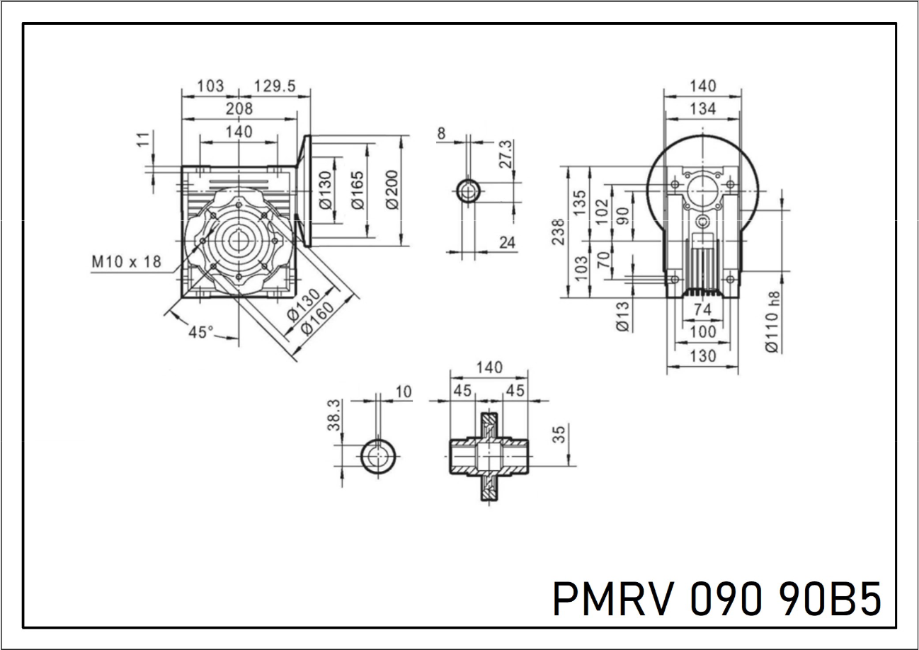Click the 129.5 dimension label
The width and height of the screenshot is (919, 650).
[274, 86]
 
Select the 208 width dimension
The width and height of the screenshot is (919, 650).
[239, 109]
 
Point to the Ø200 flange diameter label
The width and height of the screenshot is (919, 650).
[394, 189]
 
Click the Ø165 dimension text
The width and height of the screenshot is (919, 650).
[358, 189]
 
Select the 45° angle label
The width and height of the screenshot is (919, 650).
[201, 331]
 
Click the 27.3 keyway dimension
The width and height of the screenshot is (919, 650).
[506, 154]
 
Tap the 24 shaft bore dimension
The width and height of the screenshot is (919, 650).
[507, 243]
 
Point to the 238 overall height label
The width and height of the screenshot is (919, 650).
[558, 232]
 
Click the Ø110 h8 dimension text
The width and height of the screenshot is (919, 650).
[772, 321]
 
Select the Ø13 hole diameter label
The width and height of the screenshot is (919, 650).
[622, 315]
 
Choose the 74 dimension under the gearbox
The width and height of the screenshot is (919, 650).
[702, 309]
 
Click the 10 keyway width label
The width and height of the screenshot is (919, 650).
[404, 392]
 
